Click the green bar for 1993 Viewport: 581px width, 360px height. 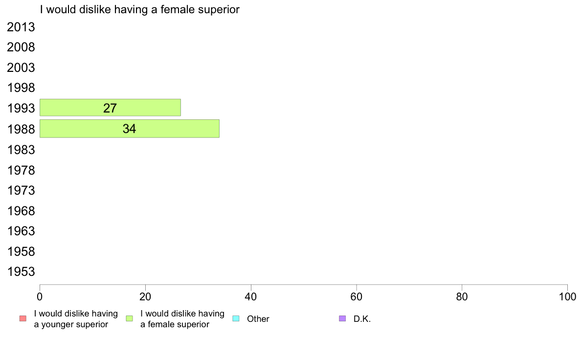tap(110, 108)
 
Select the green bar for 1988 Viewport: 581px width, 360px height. tap(129, 129)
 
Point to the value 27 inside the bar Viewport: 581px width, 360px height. tap(110, 108)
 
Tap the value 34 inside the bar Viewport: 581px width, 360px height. tap(129, 129)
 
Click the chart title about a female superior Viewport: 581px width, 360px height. tap(140, 9)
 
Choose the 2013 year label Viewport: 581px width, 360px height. tap(21, 27)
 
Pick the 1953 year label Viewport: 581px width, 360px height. tap(21, 272)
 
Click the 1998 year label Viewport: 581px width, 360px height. tap(21, 88)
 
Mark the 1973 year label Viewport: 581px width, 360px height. tap(21, 191)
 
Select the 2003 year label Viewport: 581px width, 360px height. tap(21, 68)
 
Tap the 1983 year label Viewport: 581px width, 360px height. tap(21, 150)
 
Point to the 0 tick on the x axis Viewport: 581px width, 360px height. tap(40, 296)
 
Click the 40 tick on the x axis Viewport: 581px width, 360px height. tap(251, 296)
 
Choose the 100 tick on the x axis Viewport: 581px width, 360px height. tap(567, 296)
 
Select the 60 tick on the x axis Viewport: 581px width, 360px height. tap(357, 296)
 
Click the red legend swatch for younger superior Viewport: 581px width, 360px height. tap(23, 318)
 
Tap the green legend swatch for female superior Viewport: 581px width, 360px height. tap(129, 318)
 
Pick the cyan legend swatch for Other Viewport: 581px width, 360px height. tap(236, 318)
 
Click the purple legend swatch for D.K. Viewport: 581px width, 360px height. tap(342, 318)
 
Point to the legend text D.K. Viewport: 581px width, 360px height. tap(362, 319)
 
